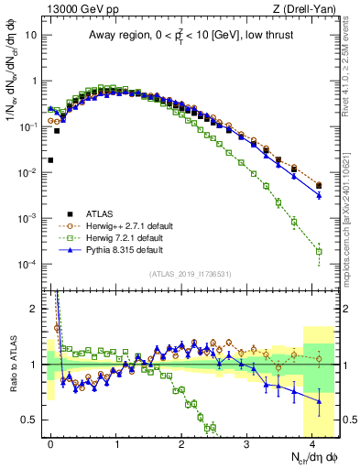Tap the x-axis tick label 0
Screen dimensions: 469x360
[51, 442]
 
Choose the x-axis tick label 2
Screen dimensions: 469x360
[181, 442]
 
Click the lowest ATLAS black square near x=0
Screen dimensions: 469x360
[50, 160]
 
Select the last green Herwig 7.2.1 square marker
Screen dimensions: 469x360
[319, 251]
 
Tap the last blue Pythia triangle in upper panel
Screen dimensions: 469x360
[319, 195]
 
